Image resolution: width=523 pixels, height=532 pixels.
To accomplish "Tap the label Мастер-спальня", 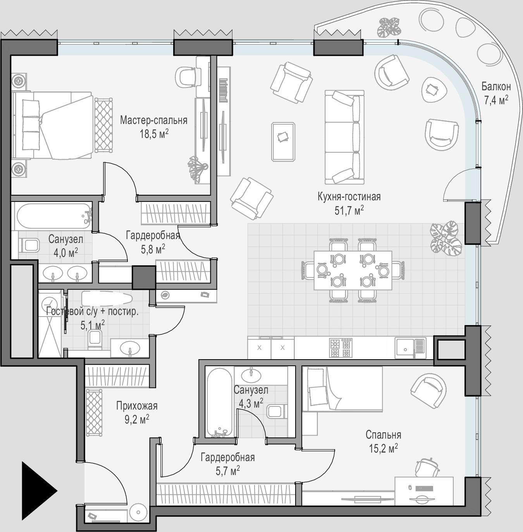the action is [x=153, y=121].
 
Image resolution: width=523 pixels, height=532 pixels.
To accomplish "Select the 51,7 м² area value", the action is [x=349, y=210].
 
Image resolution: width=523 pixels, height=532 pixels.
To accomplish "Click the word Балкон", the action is [x=496, y=86].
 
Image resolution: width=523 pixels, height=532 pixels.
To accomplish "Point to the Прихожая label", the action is [x=137, y=406].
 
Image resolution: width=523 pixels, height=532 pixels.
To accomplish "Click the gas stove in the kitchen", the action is [x=341, y=348].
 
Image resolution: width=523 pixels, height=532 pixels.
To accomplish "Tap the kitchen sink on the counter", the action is [x=410, y=348].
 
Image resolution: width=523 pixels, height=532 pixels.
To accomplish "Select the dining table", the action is [x=353, y=270].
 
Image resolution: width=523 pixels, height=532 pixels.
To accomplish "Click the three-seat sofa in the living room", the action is [x=344, y=137].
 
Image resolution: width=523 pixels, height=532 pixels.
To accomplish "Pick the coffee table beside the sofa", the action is [x=283, y=142].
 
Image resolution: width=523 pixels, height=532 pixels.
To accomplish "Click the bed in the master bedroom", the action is [x=52, y=126].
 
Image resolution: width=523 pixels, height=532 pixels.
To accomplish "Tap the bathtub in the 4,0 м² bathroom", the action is [x=53, y=216].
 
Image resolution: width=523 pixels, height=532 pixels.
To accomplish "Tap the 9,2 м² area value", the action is [x=137, y=420].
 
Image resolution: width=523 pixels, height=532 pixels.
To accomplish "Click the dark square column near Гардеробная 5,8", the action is [x=144, y=277].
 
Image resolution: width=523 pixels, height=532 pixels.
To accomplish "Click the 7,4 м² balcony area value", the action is [x=496, y=100].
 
